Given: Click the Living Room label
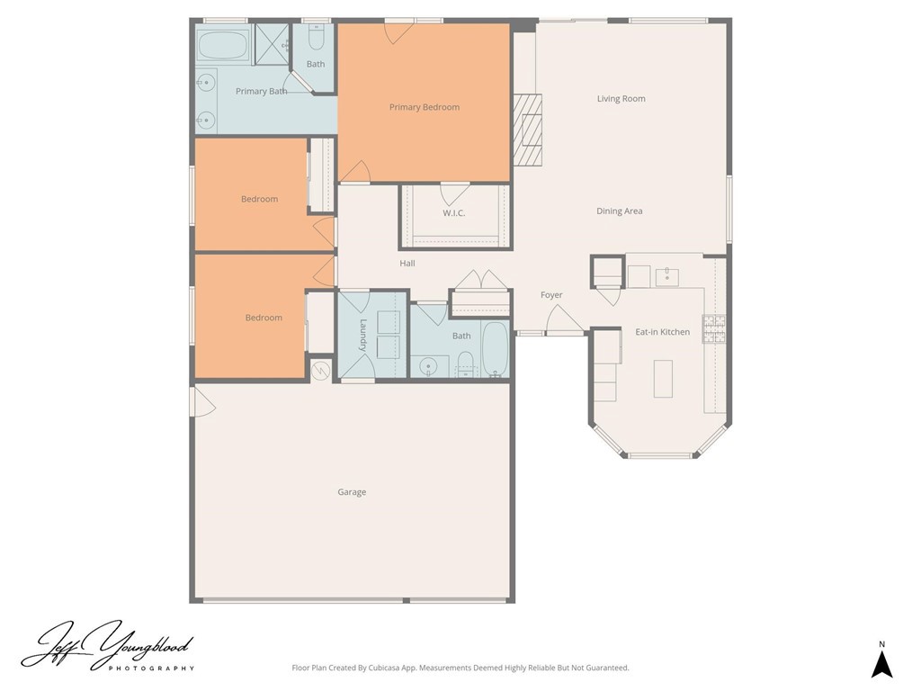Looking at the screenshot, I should click(621, 99).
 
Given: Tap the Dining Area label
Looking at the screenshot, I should click(619, 211).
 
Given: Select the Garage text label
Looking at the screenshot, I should click(352, 492).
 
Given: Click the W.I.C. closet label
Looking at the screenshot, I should click(453, 213).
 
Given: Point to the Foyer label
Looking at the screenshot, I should click(551, 295).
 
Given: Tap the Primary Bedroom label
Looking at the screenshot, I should click(424, 107).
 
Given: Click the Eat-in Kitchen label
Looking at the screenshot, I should click(662, 332).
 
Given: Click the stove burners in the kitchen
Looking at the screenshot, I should click(714, 329).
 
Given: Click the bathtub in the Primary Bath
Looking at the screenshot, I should click(223, 44).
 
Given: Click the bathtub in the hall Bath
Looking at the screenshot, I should click(495, 349).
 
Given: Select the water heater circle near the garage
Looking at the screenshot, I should click(321, 369).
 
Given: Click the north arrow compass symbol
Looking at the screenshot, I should click(882, 664).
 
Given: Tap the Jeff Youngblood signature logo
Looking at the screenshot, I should click(108, 646).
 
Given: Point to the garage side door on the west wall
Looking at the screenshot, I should click(201, 402).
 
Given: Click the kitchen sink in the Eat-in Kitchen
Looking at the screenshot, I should click(666, 276).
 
